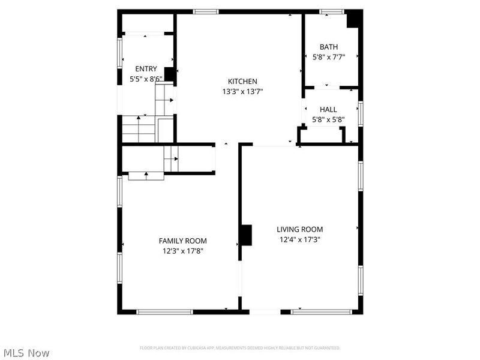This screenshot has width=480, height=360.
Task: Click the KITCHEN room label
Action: (242, 82)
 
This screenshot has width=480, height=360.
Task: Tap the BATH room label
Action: (328, 47)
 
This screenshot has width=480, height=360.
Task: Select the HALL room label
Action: (328, 110)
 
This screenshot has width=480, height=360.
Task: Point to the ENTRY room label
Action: (146, 69)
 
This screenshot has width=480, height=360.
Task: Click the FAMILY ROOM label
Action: (182, 241)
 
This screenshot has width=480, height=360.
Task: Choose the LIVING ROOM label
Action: (299, 229)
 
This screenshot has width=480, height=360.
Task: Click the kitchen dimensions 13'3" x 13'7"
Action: (242, 92)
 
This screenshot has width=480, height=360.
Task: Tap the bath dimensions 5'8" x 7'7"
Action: (328, 57)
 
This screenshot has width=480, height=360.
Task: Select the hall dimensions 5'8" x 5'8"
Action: (328, 120)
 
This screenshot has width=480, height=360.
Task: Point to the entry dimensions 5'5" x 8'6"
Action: (146, 79)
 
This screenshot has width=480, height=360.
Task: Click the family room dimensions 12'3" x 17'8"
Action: (182, 251)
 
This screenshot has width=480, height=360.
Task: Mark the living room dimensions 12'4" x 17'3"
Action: (299, 239)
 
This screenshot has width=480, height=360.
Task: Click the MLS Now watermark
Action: (26, 353)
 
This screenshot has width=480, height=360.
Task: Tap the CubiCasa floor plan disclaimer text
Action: (240, 348)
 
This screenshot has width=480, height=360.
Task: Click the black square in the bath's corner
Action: (354, 19)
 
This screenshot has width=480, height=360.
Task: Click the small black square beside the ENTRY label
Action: (169, 74)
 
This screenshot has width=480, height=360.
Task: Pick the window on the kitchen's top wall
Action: (206, 11)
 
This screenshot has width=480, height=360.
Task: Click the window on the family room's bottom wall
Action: (164, 312)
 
